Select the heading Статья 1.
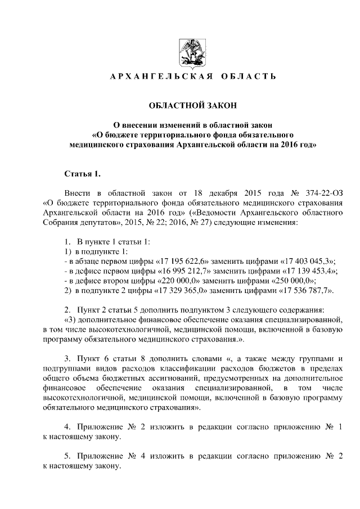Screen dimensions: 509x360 tap(82, 172)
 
